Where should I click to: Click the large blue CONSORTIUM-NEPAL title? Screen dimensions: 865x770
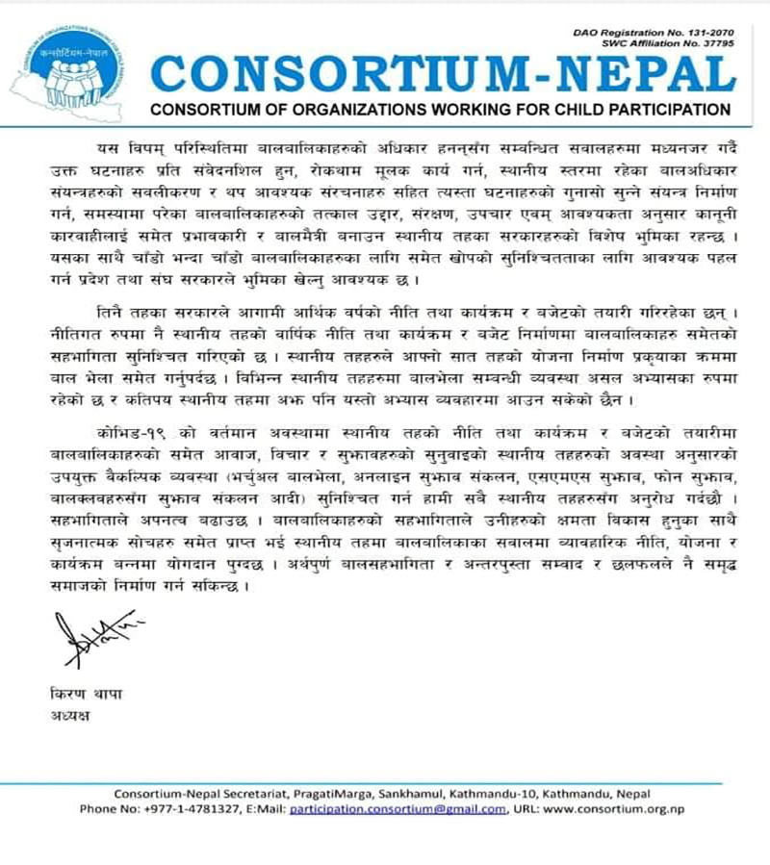[443, 72]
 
